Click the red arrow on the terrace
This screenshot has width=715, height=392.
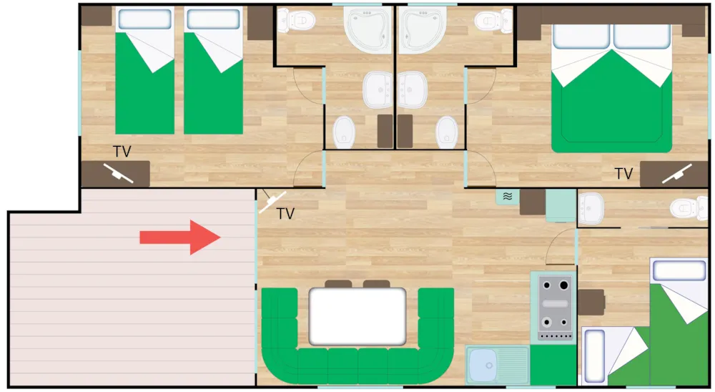(180, 237)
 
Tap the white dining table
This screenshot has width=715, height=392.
(357, 316)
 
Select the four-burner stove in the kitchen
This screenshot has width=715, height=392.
(554, 308)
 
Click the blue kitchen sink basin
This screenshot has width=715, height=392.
(483, 365)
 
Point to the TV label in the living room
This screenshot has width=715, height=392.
(285, 214)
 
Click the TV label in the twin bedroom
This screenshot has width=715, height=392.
(122, 152)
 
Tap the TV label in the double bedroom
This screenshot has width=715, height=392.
(623, 174)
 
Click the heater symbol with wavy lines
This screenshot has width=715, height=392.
(507, 196)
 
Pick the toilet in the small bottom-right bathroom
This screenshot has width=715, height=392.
(689, 207)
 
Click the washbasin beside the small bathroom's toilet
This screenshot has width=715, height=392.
(591, 208)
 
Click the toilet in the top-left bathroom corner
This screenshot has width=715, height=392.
(297, 21)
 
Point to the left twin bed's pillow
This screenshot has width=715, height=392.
(144, 19)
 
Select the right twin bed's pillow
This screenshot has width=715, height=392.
(213, 19)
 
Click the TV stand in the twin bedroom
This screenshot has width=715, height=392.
(115, 174)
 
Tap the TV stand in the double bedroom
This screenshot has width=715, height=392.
(674, 174)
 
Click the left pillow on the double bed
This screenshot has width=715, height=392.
(581, 36)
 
